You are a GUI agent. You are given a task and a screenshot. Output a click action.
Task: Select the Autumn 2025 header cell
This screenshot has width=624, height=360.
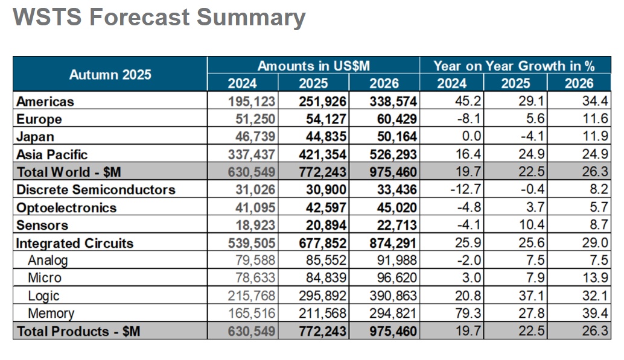110,75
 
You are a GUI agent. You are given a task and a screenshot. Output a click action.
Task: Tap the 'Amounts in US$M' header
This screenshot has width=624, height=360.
313,66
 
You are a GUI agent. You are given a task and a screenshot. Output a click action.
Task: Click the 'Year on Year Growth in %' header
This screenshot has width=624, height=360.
515,66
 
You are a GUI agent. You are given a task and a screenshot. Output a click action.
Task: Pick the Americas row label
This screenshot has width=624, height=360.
45,101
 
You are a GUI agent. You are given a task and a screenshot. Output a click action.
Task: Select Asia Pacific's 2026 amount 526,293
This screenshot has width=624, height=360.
393,154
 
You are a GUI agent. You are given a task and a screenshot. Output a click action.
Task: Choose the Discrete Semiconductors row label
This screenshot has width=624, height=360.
95,189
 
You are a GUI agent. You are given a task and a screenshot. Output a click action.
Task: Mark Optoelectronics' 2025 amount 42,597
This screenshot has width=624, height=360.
323,207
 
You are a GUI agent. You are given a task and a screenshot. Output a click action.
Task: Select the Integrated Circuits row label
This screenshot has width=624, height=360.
75,243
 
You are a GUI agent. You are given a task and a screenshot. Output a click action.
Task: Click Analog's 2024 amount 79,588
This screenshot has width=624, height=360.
253,261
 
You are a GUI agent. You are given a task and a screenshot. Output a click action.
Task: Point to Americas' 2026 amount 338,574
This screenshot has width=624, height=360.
393,101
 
